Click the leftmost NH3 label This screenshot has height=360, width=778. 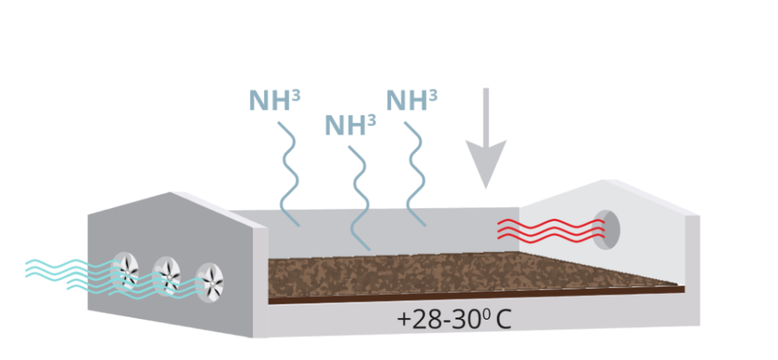(x=274, y=100)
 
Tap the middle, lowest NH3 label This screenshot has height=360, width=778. (x=349, y=125)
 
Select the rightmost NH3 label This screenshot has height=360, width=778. (x=411, y=100)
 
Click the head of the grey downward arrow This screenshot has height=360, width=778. (x=485, y=163)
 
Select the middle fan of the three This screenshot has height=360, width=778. (x=166, y=276)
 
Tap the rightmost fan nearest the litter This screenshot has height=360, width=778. (x=210, y=283)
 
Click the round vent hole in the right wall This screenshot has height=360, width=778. (x=606, y=230)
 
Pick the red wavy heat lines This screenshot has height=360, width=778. (x=551, y=231)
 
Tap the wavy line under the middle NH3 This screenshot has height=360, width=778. (x=359, y=198)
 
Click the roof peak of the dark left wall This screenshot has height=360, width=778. (x=171, y=192)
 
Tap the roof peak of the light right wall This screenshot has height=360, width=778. (x=603, y=180)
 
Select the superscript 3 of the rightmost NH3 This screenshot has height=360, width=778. (x=433, y=94)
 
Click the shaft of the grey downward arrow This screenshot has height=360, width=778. (x=485, y=114)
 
